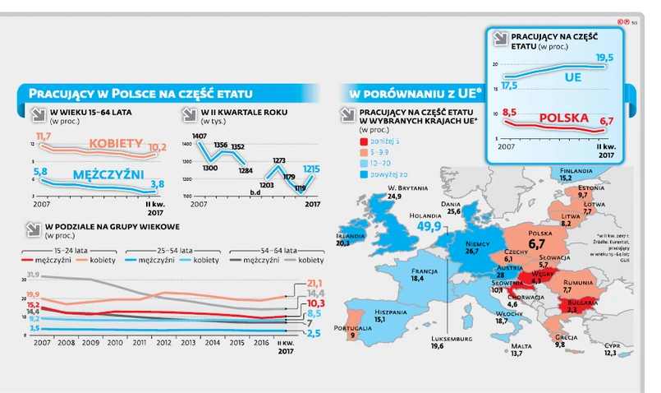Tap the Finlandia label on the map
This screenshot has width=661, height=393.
coord(576,170)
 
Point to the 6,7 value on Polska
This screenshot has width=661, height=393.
coord(538,244)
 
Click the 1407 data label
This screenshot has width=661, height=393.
coord(200,136)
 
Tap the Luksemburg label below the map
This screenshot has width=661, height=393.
coord(448,337)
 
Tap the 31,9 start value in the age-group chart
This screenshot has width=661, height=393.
coord(33,274)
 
